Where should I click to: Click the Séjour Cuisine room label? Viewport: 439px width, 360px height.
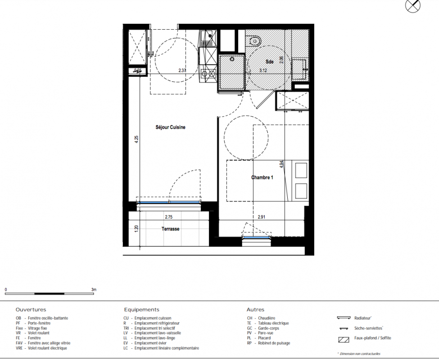click(170, 127)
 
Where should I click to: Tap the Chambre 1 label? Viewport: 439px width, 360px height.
click(262, 177)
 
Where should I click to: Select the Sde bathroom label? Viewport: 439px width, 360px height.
click(269, 62)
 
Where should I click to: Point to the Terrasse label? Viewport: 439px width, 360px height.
click(170, 229)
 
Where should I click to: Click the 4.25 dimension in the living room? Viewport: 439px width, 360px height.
click(136, 139)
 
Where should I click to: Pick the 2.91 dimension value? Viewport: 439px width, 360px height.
click(261, 217)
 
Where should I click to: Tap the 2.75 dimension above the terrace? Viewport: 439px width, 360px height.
click(168, 217)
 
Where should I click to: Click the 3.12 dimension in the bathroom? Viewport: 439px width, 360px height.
click(263, 71)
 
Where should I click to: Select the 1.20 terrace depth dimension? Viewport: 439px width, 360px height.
click(136, 228)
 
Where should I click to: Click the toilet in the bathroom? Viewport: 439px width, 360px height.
click(254, 40)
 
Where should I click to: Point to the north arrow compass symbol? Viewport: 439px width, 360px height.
click(413, 5)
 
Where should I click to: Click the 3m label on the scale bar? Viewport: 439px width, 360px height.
click(94, 289)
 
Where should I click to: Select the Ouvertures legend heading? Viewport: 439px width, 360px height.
click(31, 310)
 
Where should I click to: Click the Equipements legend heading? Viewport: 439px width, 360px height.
click(142, 310)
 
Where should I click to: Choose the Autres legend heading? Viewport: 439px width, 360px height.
click(255, 310)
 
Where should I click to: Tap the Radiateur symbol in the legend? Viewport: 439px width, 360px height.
click(344, 318)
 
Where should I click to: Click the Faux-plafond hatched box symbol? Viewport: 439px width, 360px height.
click(344, 340)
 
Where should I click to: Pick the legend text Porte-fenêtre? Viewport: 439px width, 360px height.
click(39, 323)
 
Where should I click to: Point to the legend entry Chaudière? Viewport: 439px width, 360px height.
click(267, 318)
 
